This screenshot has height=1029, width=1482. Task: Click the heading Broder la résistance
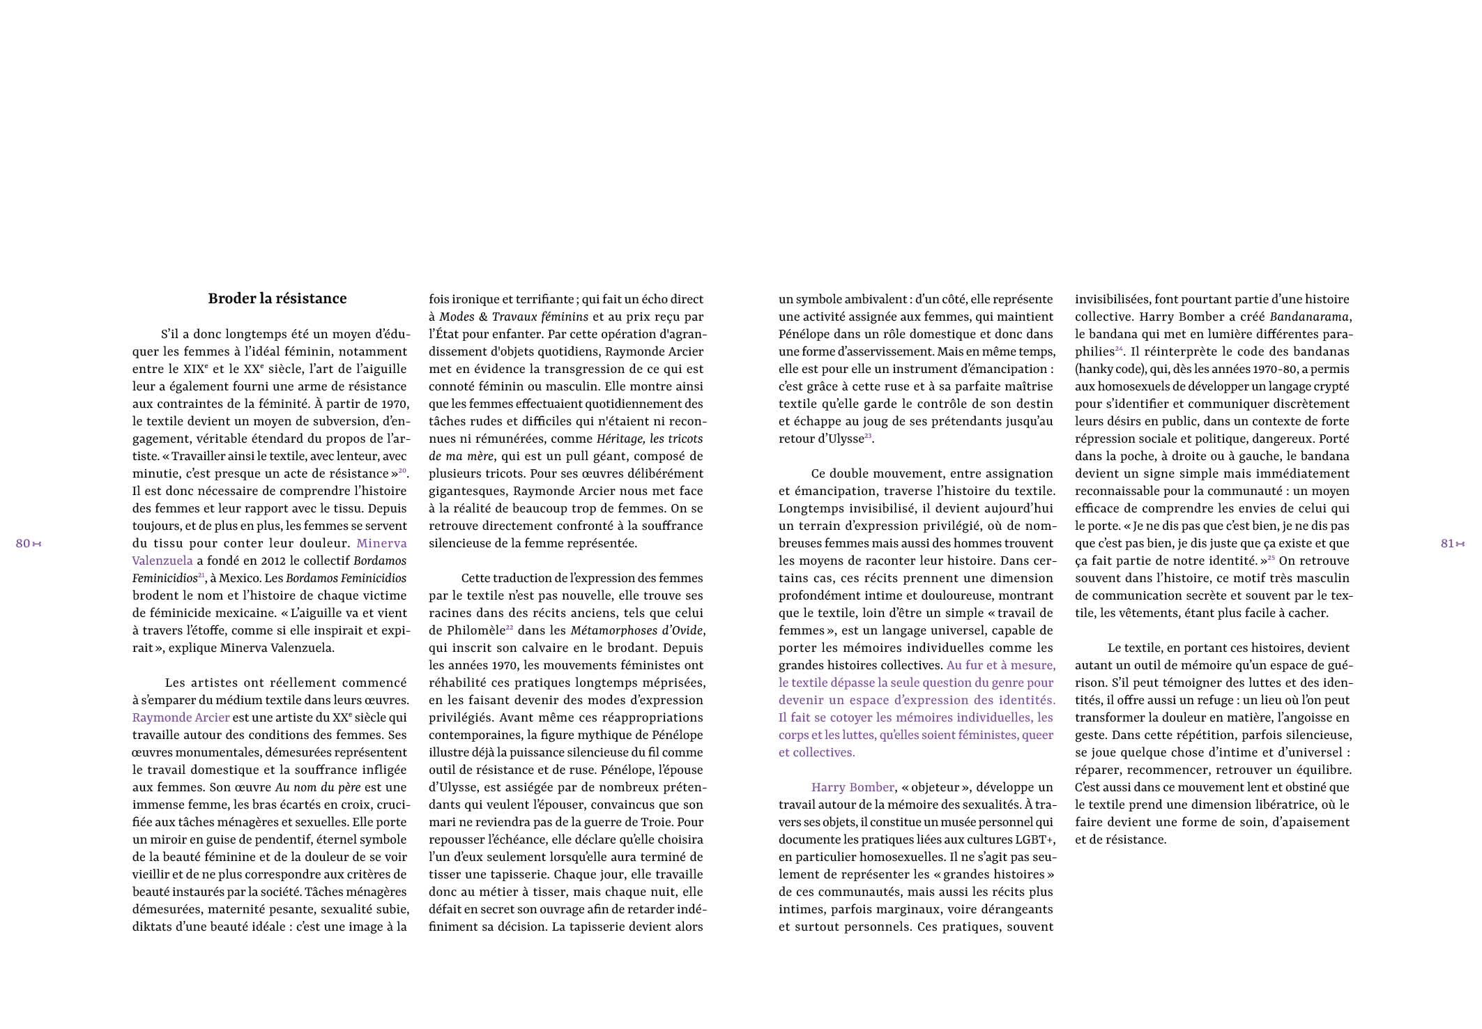(277, 298)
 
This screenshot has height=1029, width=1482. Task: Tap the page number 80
(23, 544)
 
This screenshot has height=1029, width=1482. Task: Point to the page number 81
(1447, 544)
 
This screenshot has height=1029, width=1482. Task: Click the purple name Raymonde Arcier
(181, 717)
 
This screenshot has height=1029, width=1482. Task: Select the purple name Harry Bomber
(852, 787)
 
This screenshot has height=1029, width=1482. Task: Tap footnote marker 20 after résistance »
(402, 471)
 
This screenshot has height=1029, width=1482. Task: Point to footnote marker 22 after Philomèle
(510, 627)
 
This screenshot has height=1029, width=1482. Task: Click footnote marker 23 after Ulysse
(868, 436)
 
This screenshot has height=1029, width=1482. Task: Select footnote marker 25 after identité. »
(1271, 558)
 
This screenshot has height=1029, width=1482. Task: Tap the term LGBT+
(1035, 839)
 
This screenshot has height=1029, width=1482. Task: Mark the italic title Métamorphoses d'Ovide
(636, 630)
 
